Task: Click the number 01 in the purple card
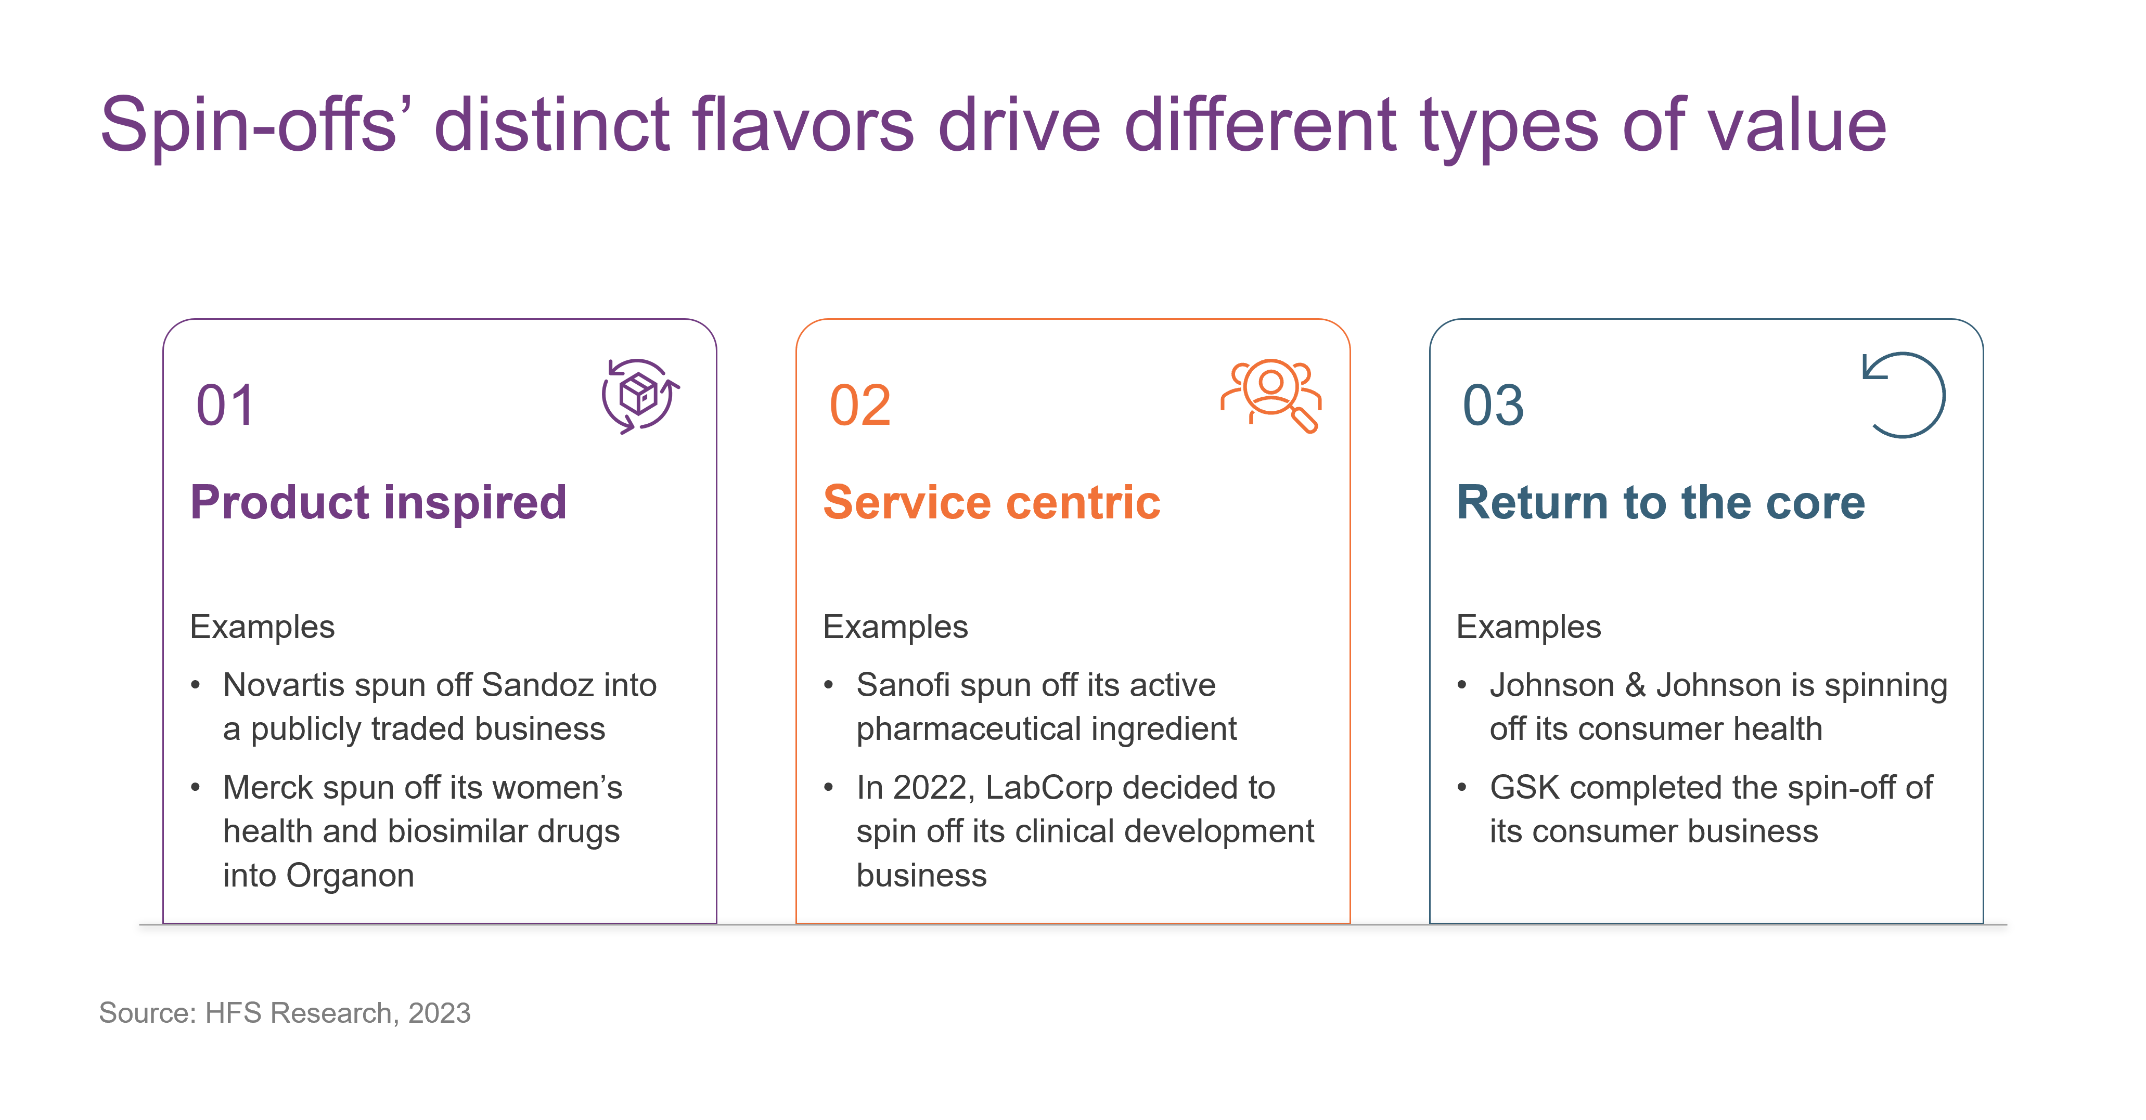[225, 406]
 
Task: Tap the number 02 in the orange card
[860, 406]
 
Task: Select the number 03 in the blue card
[1493, 406]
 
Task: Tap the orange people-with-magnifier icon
[1271, 396]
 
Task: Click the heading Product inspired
[378, 502]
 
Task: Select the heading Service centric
[992, 502]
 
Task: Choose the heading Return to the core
[1660, 502]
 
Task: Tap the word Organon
[350, 876]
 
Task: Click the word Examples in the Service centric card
[895, 627]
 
